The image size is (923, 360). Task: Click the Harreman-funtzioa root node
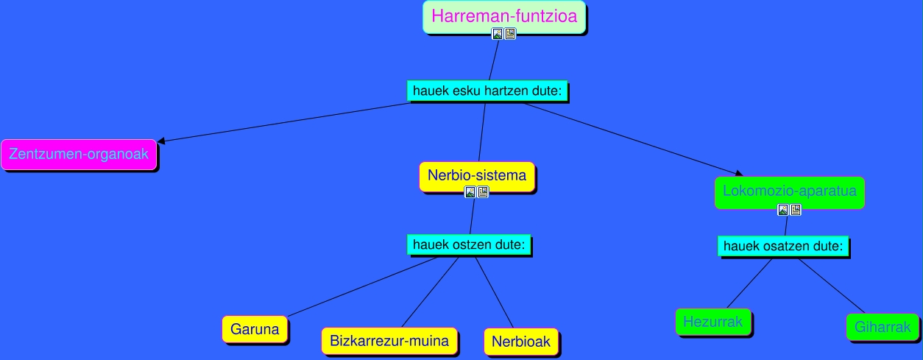click(504, 15)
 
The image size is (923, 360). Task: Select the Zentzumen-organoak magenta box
click(79, 155)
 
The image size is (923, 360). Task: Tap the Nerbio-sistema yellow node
click(477, 175)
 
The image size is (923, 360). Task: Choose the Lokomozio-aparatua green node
click(789, 191)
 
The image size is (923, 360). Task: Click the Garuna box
click(255, 329)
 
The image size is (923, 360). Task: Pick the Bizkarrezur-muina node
click(389, 341)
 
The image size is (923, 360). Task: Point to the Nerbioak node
click(521, 342)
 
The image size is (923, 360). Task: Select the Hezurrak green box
click(713, 322)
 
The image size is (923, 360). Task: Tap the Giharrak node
click(883, 328)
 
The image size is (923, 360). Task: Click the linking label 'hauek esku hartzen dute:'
click(487, 91)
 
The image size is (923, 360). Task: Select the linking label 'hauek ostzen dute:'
click(469, 244)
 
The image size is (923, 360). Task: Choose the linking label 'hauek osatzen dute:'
click(783, 246)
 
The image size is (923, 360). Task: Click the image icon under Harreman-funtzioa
click(498, 34)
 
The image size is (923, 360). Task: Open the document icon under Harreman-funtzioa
click(510, 34)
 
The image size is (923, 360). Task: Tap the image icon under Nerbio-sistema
click(470, 192)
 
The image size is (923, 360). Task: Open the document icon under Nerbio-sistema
click(483, 192)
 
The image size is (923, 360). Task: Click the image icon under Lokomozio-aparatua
click(783, 210)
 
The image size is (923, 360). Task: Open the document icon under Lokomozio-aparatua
click(796, 210)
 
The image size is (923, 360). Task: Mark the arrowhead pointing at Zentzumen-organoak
click(160, 141)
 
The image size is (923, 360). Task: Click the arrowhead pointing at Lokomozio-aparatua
click(739, 173)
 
